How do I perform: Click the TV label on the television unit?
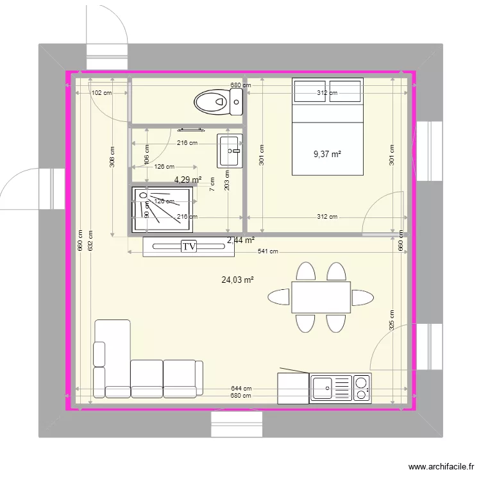(x=189, y=246)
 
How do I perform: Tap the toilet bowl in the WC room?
(x=212, y=101)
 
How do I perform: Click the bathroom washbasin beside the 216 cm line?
(x=230, y=151)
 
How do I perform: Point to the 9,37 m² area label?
(x=327, y=154)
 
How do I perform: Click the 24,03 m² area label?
(x=238, y=280)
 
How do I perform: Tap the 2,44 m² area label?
(x=241, y=240)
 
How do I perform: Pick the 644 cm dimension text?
(x=241, y=389)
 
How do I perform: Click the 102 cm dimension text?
(x=101, y=93)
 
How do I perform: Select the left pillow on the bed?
(x=310, y=91)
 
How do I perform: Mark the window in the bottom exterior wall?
(x=237, y=424)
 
